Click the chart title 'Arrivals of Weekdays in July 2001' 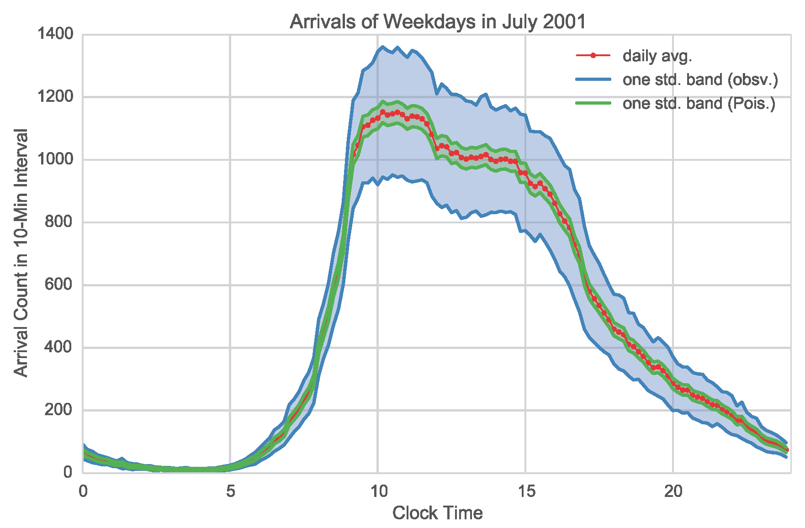point(437,21)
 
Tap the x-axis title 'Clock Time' point(437,513)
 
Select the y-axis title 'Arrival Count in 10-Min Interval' point(21,253)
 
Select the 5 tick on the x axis point(230,492)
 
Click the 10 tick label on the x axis point(378,492)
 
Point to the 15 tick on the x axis point(525,492)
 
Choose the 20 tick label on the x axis point(673,492)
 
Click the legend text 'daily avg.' point(657,56)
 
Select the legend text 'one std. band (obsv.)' point(700,79)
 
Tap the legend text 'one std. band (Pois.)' point(699,103)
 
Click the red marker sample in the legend point(593,56)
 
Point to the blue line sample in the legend point(593,79)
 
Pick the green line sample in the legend point(593,103)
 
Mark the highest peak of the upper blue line point(383,47)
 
